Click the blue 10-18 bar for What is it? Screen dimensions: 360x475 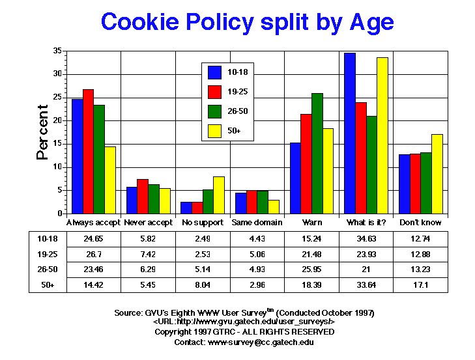tap(350, 133)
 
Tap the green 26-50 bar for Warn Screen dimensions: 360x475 tap(317, 154)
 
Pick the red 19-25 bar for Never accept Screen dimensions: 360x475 tap(143, 197)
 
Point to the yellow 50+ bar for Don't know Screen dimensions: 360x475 tap(437, 174)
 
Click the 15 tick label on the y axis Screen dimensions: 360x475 tap(58, 144)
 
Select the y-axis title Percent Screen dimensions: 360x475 tap(43, 132)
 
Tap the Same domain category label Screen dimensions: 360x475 tap(257, 223)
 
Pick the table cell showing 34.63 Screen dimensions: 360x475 tap(366, 239)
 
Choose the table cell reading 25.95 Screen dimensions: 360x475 tap(311, 270)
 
